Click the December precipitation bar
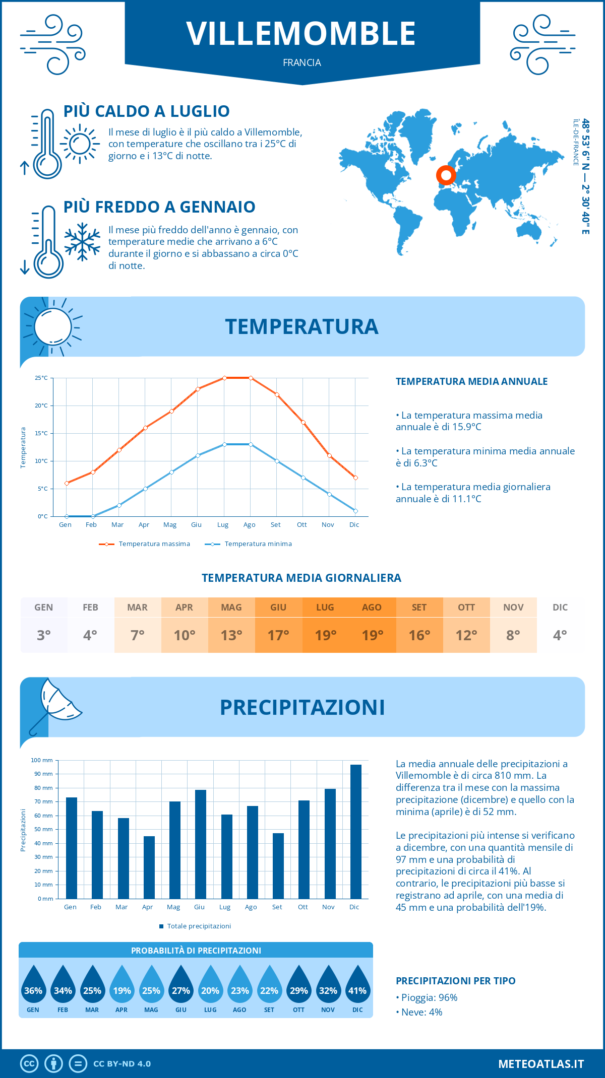[x=356, y=831]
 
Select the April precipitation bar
[x=149, y=867]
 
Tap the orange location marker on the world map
[x=446, y=175]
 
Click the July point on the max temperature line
[x=224, y=378]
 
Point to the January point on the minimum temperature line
[x=67, y=516]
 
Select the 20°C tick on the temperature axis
[x=41, y=406]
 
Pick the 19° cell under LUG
[x=325, y=635]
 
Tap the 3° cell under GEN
[x=44, y=635]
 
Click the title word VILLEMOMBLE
[x=301, y=34]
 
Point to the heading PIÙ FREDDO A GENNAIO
[x=159, y=207]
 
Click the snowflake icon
[x=82, y=242]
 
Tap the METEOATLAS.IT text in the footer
[x=540, y=1064]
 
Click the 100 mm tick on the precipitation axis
[x=42, y=760]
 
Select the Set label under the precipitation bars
[x=277, y=907]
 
